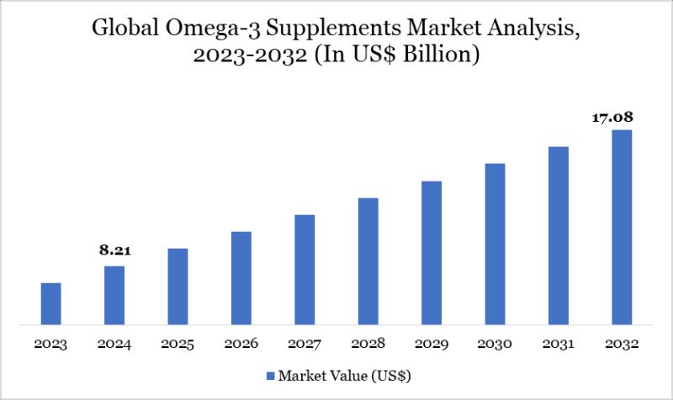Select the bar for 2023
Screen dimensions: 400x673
pyautogui.click(x=51, y=303)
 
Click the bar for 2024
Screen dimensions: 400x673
pyautogui.click(x=114, y=295)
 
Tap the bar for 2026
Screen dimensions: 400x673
pyautogui.click(x=241, y=277)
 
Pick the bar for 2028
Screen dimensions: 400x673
pyautogui.click(x=368, y=261)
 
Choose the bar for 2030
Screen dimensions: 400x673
pyautogui.click(x=495, y=244)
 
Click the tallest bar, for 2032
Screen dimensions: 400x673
pyautogui.click(x=622, y=227)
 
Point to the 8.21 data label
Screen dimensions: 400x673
pyautogui.click(x=114, y=250)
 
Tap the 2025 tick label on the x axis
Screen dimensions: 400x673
pyautogui.click(x=178, y=345)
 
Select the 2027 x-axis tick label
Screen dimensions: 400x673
pyautogui.click(x=305, y=345)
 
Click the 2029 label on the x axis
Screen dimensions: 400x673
pyautogui.click(x=432, y=345)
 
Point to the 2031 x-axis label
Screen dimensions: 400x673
pyautogui.click(x=559, y=345)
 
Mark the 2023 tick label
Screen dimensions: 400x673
pyautogui.click(x=51, y=345)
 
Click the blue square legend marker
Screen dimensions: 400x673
pyautogui.click(x=271, y=375)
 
